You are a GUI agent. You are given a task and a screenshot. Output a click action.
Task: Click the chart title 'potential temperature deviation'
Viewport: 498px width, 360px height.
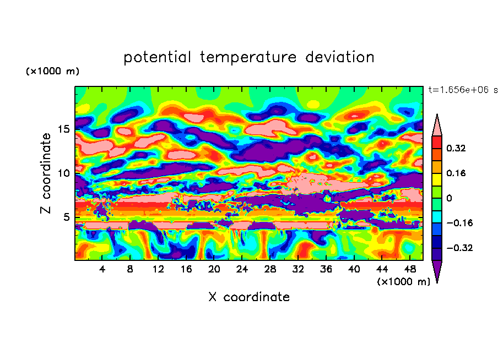tap(248, 57)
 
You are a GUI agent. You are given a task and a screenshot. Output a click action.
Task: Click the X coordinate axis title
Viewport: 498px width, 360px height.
tap(249, 297)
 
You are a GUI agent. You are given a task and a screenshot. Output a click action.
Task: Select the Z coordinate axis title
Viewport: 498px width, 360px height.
tap(46, 173)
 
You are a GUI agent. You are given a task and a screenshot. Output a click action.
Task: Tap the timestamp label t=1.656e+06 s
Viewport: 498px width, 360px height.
tap(463, 90)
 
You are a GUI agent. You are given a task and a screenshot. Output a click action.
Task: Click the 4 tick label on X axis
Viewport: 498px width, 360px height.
tap(102, 269)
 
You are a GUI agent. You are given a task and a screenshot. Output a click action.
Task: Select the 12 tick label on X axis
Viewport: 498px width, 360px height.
tap(158, 269)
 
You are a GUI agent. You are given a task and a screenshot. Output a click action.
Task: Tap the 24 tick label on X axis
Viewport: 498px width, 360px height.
tap(242, 269)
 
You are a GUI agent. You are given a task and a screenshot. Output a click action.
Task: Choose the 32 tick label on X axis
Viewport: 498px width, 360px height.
tap(298, 269)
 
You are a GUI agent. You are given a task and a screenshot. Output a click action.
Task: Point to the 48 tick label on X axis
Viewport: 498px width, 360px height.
tap(410, 269)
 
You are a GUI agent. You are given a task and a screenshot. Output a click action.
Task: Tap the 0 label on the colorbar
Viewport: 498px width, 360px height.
tap(449, 198)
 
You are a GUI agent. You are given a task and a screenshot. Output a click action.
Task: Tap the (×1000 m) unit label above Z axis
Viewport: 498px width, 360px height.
tap(52, 72)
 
